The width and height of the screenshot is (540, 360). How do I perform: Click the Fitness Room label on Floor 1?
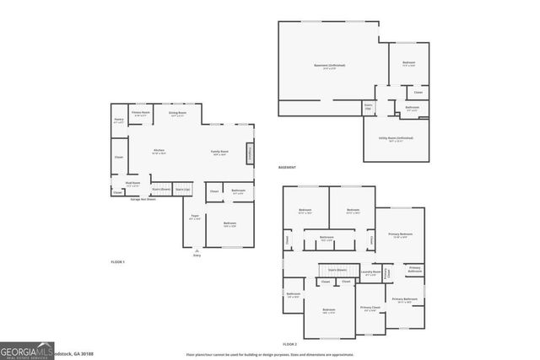pyautogui.click(x=140, y=113)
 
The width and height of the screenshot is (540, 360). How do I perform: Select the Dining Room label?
pyautogui.click(x=177, y=114)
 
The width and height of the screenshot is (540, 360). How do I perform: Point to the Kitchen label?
pyautogui.click(x=159, y=152)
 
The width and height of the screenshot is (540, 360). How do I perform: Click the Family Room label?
pyautogui.click(x=220, y=153)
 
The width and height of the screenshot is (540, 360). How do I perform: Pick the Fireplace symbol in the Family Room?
pyautogui.click(x=250, y=154)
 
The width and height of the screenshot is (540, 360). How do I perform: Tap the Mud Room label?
pyautogui.click(x=132, y=184)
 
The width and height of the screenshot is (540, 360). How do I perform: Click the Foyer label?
pyautogui.click(x=196, y=218)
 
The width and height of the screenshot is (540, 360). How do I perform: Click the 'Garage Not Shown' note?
pyautogui.click(x=133, y=197)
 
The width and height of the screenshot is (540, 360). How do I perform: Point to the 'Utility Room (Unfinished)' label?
pyautogui.click(x=396, y=139)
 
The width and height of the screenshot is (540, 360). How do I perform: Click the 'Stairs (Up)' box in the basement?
pyautogui.click(x=368, y=109)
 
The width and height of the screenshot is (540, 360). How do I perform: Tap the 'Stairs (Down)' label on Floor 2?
pyautogui.click(x=337, y=270)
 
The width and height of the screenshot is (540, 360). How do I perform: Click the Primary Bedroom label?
pyautogui.click(x=400, y=235)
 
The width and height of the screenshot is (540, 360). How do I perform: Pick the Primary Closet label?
pyautogui.click(x=370, y=309)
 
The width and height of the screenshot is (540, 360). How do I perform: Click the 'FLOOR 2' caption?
pyautogui.click(x=290, y=345)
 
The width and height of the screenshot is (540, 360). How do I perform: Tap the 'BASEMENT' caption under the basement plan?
pyautogui.click(x=288, y=168)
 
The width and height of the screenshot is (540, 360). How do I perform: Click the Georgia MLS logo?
pyautogui.click(x=27, y=352)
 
